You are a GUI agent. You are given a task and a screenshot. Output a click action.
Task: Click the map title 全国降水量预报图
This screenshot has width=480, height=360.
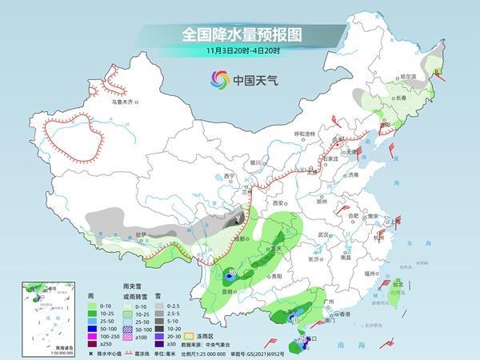pyautogui.click(x=239, y=36)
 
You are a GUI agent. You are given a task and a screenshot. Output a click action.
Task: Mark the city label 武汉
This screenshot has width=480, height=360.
pyautogui.click(x=323, y=234)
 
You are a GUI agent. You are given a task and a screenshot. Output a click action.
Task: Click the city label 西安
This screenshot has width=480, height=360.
pyautogui.click(x=279, y=204)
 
